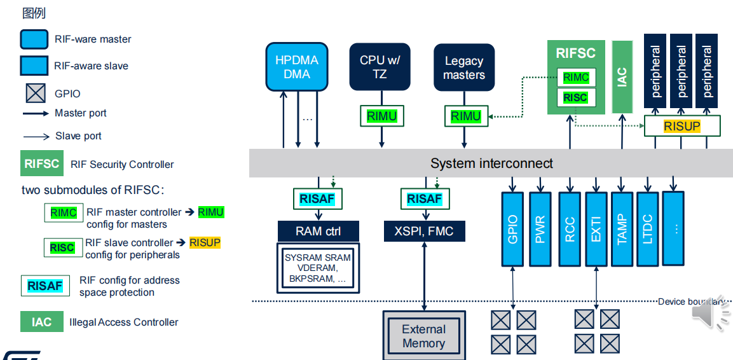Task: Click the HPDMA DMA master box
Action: pos(296,67)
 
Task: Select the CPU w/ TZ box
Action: pos(380,67)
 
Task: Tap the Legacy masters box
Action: pos(463,67)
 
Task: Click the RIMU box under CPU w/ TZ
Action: pos(381,116)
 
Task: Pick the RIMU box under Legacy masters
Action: pos(466,116)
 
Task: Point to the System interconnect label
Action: pos(491,163)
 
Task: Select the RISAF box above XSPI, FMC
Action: pos(424,199)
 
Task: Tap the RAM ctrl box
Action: pos(318,232)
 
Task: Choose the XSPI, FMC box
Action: pos(424,232)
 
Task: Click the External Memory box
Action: pos(423,336)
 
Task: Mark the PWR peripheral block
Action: pos(540,229)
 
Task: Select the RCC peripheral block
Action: pos(570,229)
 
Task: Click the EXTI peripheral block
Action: pos(596,229)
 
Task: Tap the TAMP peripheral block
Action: pos(622,229)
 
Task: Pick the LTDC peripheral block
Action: pos(648,229)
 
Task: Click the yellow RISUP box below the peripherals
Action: pos(682,127)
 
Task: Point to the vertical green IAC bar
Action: pos(622,77)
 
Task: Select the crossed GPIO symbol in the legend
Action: pos(36,93)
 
